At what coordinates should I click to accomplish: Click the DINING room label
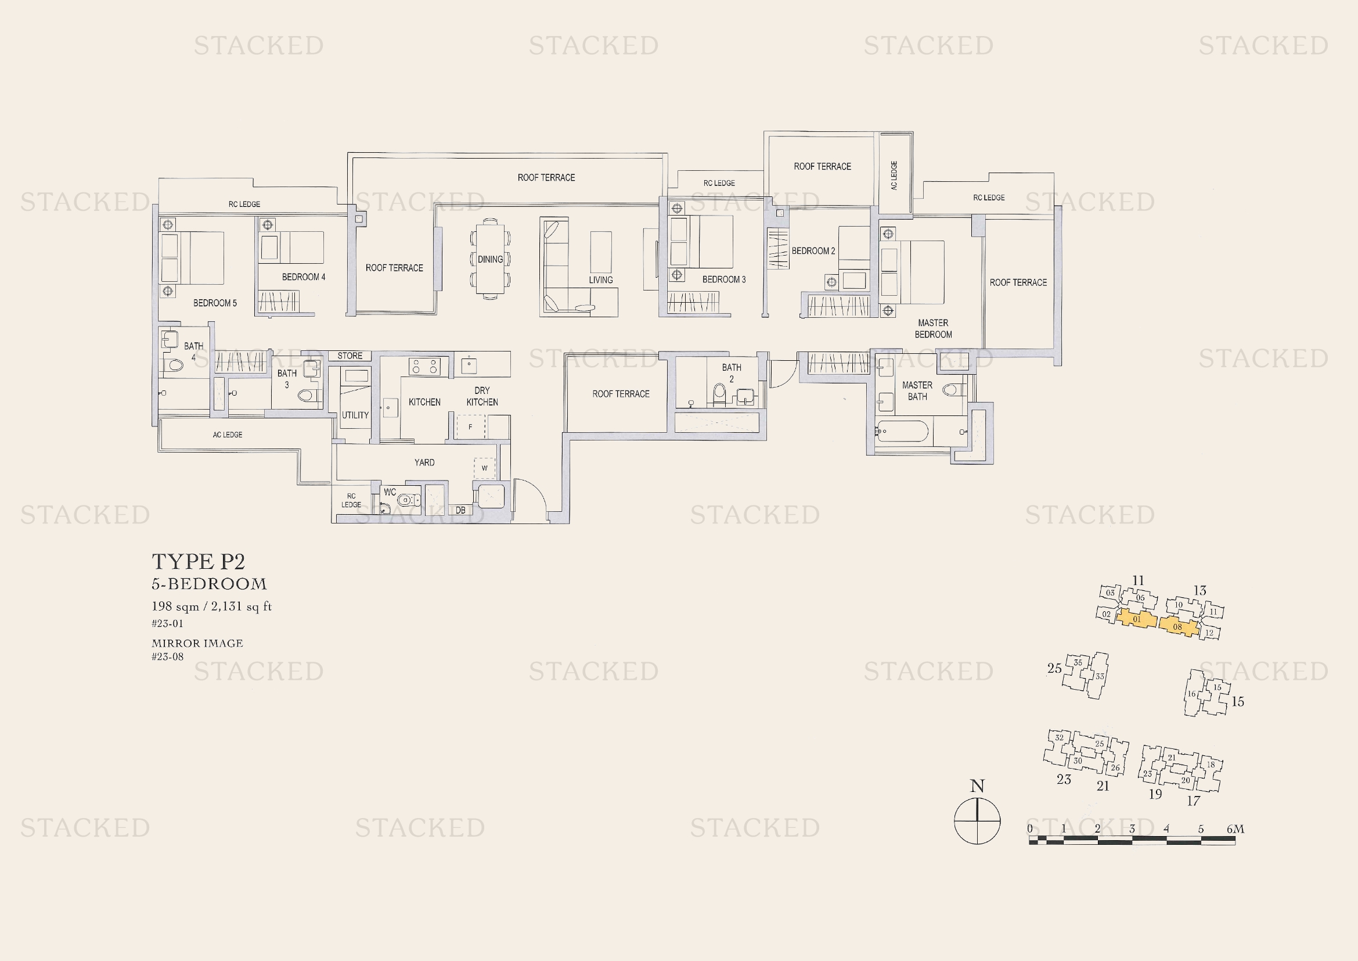tap(491, 259)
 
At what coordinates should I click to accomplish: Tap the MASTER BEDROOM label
tap(933, 328)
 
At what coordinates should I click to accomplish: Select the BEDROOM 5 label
tap(215, 303)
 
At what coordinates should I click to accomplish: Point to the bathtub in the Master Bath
tap(903, 431)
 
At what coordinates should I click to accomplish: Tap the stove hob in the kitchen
tap(424, 366)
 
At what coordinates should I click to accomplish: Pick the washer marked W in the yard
tap(484, 468)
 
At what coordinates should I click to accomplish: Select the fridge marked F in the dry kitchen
tap(471, 426)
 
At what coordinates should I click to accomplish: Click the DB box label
tap(460, 510)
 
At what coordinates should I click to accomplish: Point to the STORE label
tap(350, 356)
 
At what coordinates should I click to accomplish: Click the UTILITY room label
tap(355, 415)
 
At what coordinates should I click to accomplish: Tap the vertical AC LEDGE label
tap(894, 175)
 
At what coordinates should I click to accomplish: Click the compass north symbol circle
tap(977, 822)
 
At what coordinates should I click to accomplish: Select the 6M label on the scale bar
tap(1235, 829)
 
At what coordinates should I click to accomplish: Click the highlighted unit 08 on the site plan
tap(1178, 626)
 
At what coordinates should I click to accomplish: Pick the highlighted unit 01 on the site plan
tap(1136, 619)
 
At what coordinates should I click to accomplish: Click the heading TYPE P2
tap(198, 561)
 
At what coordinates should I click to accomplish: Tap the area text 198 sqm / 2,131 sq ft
tap(212, 607)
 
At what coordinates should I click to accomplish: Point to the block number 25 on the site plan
tap(1054, 668)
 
